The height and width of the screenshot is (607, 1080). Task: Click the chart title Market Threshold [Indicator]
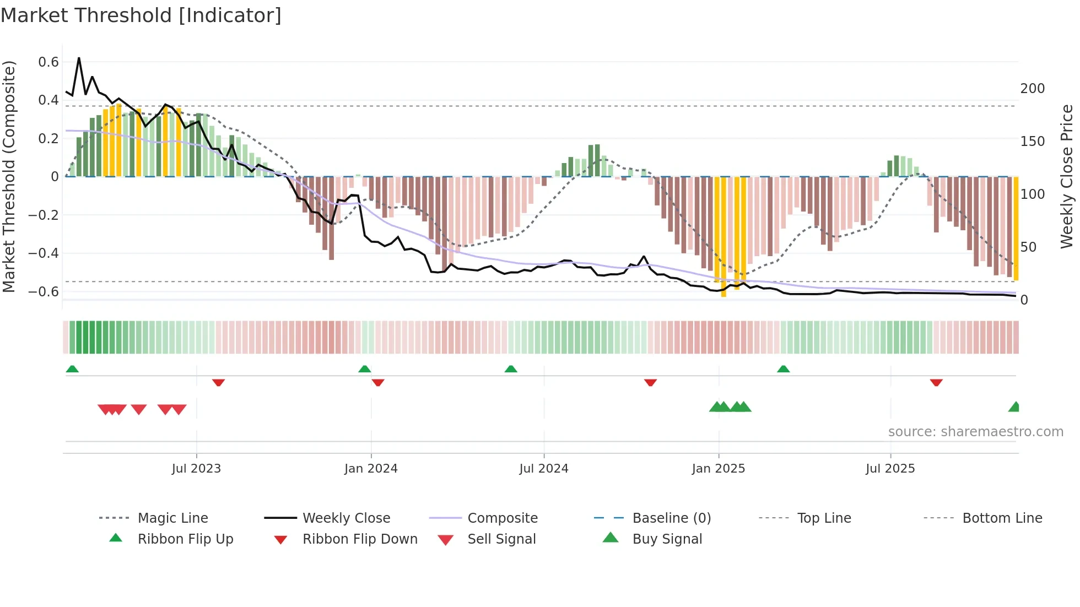tap(141, 15)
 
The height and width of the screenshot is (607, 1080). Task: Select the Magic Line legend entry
tap(172, 518)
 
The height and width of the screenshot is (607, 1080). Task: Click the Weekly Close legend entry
tap(346, 518)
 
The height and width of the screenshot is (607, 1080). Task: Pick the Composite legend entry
tap(502, 518)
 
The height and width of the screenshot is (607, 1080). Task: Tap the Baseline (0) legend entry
tap(671, 518)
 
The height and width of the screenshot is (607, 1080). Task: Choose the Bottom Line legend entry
tap(1002, 518)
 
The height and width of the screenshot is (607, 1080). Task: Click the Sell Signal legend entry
tap(501, 539)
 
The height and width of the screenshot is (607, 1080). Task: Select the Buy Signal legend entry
tap(667, 539)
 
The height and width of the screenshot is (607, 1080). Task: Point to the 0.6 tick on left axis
tap(48, 62)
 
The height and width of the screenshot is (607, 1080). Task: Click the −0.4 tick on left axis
tap(44, 253)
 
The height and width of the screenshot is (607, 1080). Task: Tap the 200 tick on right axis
tap(1032, 88)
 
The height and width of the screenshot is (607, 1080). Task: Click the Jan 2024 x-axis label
tap(371, 468)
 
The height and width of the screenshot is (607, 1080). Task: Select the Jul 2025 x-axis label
tap(890, 468)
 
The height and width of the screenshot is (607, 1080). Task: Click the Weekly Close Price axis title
tap(1067, 176)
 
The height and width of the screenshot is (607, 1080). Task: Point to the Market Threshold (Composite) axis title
tap(9, 176)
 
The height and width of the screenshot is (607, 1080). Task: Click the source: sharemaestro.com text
tap(975, 431)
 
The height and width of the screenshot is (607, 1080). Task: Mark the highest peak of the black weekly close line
tap(79, 58)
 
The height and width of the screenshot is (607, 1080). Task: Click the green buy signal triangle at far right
tap(1014, 407)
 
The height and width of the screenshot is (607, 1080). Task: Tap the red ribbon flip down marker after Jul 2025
tap(936, 382)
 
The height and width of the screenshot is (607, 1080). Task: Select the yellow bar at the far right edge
tap(1016, 229)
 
